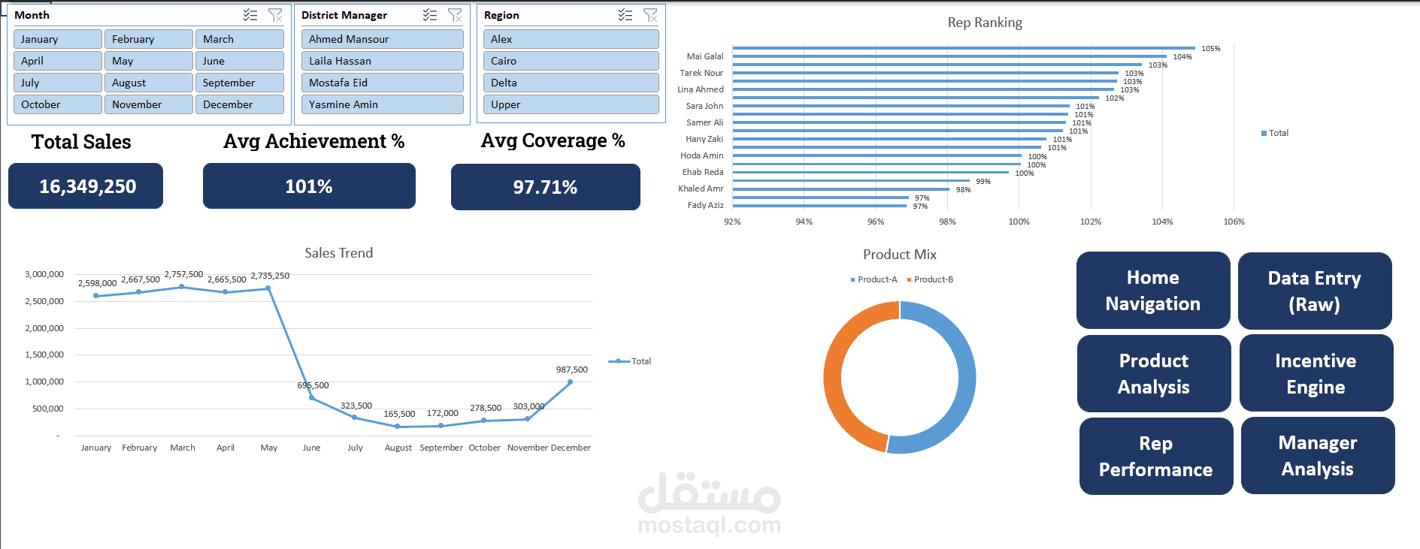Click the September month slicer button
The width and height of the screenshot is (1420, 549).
tap(239, 83)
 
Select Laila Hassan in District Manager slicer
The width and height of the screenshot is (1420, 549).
tap(382, 61)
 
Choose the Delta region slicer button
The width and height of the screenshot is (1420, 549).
tap(571, 83)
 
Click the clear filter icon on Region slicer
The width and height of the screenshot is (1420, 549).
tap(650, 15)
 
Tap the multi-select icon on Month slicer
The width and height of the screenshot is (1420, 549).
tap(250, 15)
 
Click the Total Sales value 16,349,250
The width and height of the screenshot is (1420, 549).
tap(87, 186)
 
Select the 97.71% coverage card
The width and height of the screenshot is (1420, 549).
tap(545, 187)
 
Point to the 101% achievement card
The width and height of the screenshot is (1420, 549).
tap(309, 186)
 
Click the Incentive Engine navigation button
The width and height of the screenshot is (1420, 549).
tap(1316, 373)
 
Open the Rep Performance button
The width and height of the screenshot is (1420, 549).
tap(1155, 456)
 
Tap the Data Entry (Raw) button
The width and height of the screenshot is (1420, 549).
tap(1314, 291)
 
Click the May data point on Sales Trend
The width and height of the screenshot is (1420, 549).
tap(268, 288)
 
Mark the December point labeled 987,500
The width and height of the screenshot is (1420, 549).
tap(571, 382)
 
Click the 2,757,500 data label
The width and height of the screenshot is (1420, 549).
tap(183, 274)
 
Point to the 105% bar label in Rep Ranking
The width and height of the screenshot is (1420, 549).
tap(1210, 49)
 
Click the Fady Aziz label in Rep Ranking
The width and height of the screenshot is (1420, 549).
tap(705, 205)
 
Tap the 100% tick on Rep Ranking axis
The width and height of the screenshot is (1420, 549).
tap(1019, 222)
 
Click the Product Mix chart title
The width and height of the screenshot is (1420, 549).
tap(899, 255)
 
